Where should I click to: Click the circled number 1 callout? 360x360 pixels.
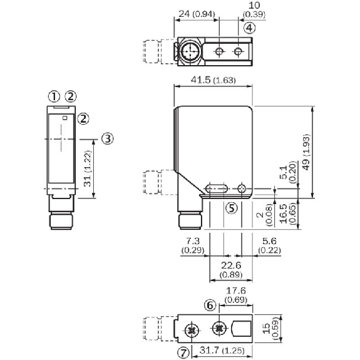click(x=55, y=96)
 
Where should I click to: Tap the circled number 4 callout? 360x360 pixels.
click(x=249, y=28)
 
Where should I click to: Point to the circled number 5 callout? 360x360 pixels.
click(x=232, y=208)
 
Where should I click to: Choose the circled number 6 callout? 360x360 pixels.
click(x=210, y=305)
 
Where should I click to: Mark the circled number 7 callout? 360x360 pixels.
click(x=183, y=353)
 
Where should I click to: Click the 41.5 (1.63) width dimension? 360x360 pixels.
click(x=212, y=80)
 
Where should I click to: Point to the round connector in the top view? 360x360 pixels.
click(x=188, y=51)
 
